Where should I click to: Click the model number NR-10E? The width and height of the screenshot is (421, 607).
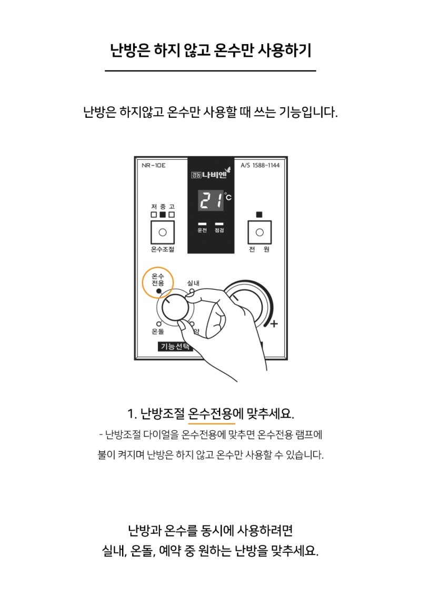[x=154, y=165]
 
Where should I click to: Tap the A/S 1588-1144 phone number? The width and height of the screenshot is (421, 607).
[x=260, y=165]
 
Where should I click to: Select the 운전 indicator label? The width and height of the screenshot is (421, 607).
[x=202, y=230]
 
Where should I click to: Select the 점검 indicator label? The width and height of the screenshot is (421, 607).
[x=219, y=230]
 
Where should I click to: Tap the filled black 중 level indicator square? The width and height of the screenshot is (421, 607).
[x=163, y=215]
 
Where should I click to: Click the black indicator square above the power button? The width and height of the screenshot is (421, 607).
[x=259, y=215]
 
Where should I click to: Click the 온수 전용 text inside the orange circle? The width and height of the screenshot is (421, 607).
[x=158, y=279]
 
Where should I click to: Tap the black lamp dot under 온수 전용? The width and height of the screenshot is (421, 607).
[x=158, y=290]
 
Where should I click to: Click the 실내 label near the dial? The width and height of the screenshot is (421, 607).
[x=193, y=283]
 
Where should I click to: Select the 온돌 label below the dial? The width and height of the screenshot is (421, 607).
[x=157, y=331]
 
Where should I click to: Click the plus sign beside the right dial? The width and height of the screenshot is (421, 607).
[x=274, y=324]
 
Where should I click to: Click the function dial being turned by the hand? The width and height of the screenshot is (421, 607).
[x=174, y=308]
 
